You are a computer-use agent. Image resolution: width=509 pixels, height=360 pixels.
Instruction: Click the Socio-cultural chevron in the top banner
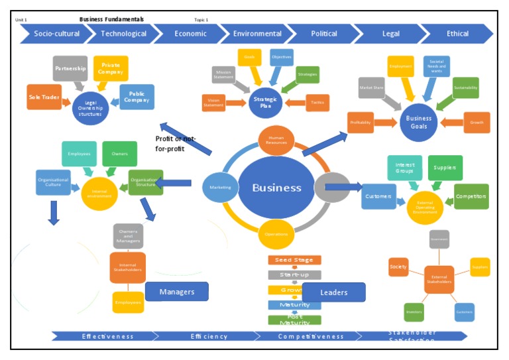tap(53, 34)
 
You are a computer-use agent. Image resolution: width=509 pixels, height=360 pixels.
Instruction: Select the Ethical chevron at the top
tap(457, 34)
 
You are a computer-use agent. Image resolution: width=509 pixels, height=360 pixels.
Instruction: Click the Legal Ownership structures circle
tap(90, 107)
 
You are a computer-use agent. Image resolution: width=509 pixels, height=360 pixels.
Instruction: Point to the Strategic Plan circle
tap(266, 102)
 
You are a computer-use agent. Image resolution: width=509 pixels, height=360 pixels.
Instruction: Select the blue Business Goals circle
tap(418, 123)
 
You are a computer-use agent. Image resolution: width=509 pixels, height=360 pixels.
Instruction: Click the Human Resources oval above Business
tap(276, 139)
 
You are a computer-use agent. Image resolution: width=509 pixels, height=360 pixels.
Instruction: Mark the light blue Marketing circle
tap(220, 188)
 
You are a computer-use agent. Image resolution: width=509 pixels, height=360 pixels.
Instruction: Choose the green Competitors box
tap(471, 196)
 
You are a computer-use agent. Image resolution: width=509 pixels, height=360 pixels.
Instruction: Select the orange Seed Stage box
tap(294, 260)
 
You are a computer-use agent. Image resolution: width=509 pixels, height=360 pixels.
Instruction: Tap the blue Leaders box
tap(333, 292)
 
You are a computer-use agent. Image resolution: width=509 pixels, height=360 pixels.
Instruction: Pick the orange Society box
tap(398, 267)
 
